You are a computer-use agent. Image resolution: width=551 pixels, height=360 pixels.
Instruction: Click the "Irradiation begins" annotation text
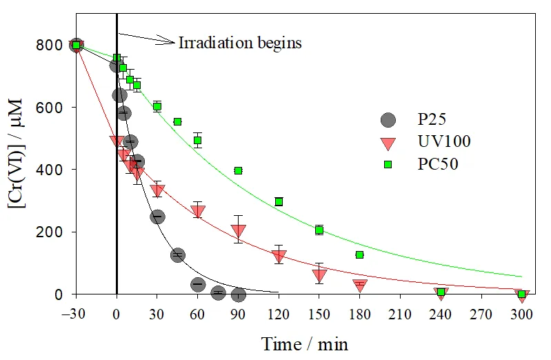(x=240, y=43)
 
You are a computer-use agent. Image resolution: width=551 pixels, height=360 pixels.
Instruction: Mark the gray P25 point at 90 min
(x=239, y=294)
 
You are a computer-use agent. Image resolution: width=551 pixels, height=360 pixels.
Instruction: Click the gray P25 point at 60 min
(x=198, y=284)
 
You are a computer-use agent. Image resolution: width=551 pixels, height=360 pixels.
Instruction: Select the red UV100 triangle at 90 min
(x=239, y=231)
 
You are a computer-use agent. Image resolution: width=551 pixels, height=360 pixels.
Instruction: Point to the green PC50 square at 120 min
(x=279, y=201)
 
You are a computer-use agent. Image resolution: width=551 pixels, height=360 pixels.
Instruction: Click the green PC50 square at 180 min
(x=359, y=254)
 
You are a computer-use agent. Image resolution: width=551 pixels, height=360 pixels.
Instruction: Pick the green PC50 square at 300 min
(x=521, y=294)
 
